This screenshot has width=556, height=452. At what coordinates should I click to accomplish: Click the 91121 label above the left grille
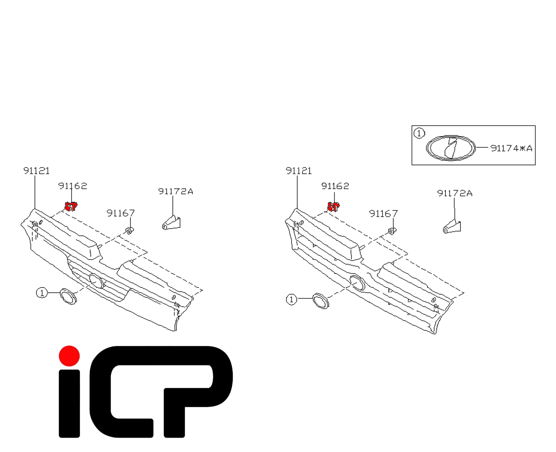click(x=36, y=171)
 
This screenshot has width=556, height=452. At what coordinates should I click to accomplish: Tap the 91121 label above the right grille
click(x=299, y=171)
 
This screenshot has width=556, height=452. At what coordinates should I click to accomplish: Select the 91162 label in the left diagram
click(x=73, y=186)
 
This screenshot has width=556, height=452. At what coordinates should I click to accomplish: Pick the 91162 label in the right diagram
click(x=335, y=186)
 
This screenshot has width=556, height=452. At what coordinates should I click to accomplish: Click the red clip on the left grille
click(x=71, y=206)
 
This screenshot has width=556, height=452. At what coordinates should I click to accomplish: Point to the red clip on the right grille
click(x=333, y=207)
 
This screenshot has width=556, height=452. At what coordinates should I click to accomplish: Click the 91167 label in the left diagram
click(x=121, y=213)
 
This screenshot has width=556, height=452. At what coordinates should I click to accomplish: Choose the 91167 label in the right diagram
click(x=383, y=214)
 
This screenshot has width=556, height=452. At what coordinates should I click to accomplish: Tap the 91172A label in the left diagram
click(x=175, y=192)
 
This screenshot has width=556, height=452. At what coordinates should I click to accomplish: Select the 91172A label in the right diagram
click(x=454, y=193)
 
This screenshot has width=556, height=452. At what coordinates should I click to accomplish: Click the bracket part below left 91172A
click(x=171, y=223)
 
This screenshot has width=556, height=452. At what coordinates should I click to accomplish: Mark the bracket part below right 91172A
click(x=452, y=227)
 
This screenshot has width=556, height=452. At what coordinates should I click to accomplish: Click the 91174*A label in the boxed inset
click(x=511, y=148)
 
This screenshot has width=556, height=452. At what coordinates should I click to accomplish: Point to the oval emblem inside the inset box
click(x=451, y=148)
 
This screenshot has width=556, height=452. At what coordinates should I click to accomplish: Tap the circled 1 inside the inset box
click(x=419, y=133)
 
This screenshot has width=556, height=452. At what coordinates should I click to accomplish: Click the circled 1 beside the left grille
click(x=42, y=293)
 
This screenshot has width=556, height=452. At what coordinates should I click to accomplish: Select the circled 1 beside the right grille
click(x=291, y=299)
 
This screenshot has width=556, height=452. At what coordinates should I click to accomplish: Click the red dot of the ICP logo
click(x=69, y=356)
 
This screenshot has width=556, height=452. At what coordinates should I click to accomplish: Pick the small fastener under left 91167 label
click(x=130, y=231)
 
